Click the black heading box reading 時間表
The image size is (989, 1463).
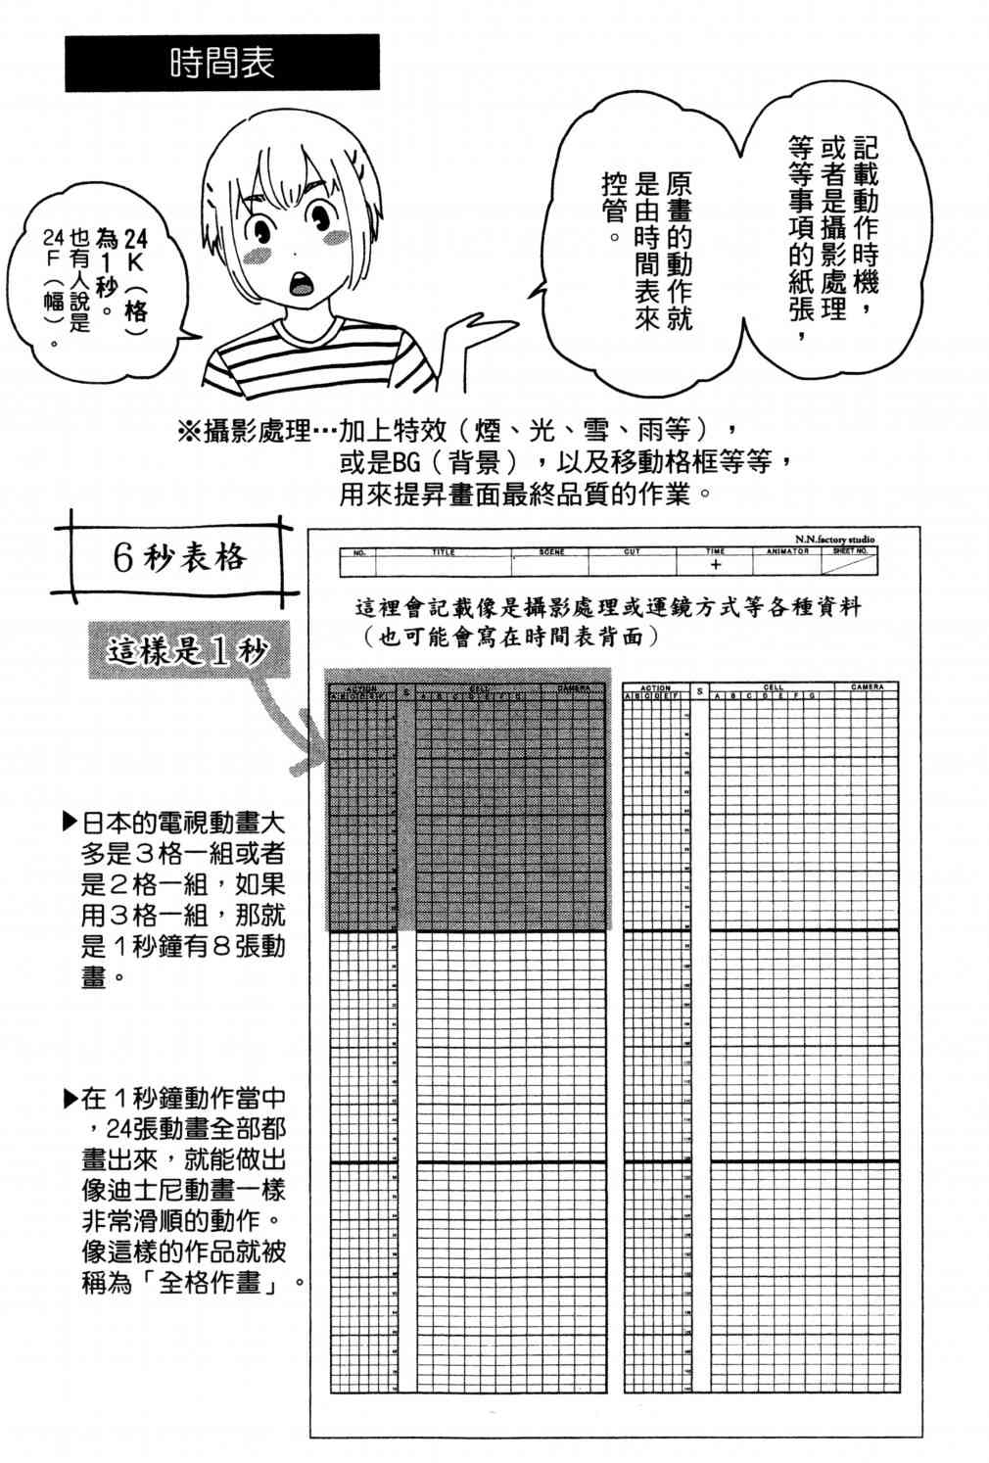click(221, 63)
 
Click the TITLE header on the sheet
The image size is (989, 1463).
click(444, 552)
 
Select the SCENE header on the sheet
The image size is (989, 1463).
click(551, 552)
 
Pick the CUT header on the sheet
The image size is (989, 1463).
click(632, 552)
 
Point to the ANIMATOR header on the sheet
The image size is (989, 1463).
click(787, 551)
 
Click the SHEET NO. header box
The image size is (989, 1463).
click(850, 551)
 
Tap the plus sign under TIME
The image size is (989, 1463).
click(716, 565)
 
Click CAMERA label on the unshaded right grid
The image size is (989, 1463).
click(867, 687)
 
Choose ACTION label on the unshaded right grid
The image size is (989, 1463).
click(654, 687)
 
